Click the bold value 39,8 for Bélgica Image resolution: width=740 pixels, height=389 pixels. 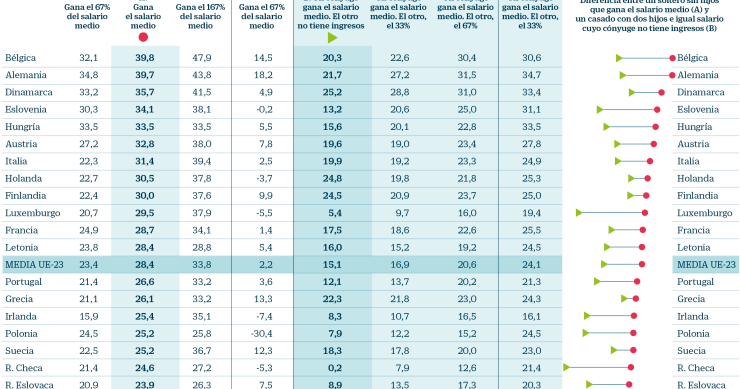[143, 58]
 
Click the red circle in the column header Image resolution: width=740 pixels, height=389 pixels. [143, 37]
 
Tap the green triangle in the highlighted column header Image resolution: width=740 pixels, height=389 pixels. [333, 38]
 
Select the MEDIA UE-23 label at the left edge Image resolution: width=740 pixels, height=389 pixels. [34, 265]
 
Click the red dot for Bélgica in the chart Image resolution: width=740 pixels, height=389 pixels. [670, 58]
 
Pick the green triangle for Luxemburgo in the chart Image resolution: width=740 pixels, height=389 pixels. [579, 213]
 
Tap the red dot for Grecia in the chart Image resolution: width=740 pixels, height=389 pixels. [635, 299]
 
